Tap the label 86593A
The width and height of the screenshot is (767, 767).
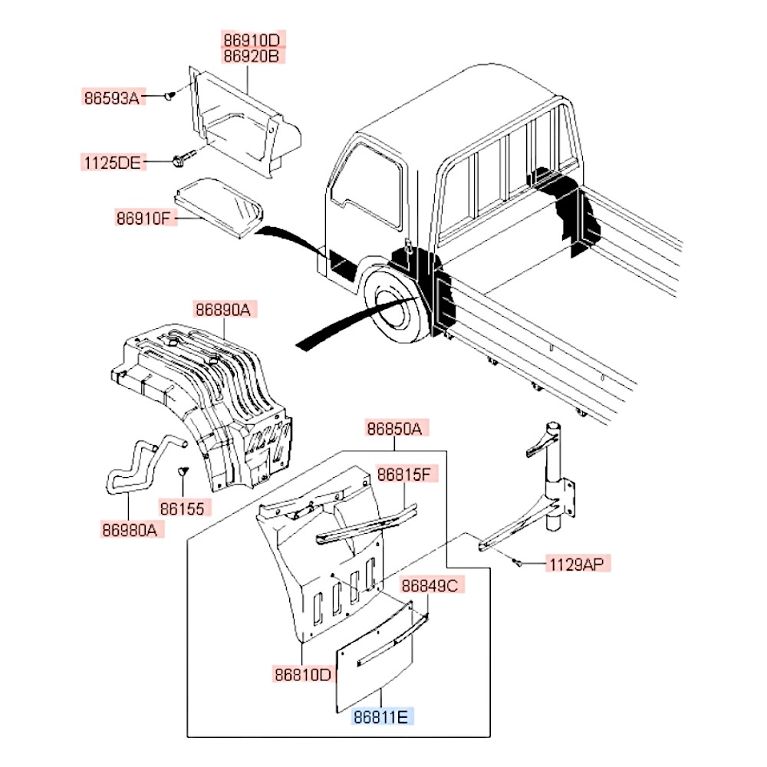click(112, 97)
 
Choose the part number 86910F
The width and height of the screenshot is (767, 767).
click(143, 219)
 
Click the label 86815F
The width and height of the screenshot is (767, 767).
click(407, 475)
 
